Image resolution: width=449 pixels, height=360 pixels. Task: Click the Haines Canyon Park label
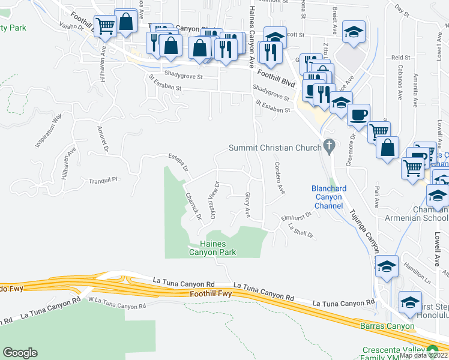click(212, 248)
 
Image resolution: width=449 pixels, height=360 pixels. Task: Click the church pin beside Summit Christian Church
click(328, 145)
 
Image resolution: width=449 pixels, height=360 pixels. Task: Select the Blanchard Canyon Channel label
click(328, 197)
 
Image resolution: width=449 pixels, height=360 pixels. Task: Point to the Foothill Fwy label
click(210, 294)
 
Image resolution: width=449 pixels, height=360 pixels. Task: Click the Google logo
click(20, 353)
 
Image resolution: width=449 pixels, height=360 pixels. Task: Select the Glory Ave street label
click(247, 205)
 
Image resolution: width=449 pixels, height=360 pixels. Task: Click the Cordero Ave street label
click(279, 178)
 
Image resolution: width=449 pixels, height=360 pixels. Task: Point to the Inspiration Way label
click(48, 131)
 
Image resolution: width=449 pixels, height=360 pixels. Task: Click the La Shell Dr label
click(301, 231)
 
